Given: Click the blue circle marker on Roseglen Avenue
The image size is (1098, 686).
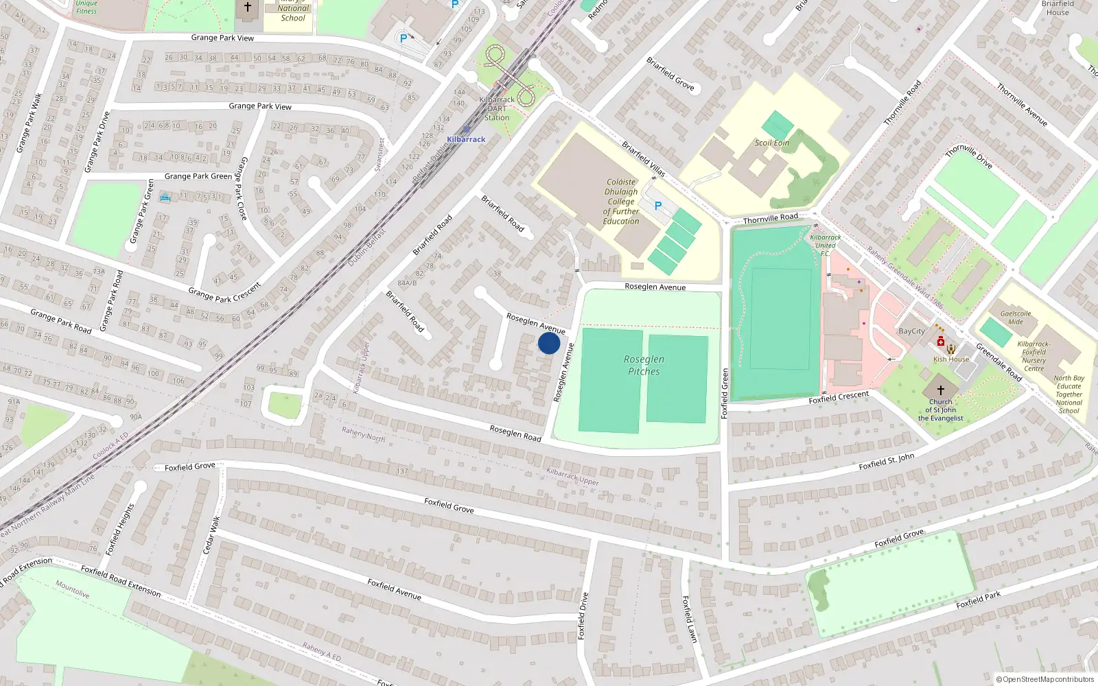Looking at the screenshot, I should pos(549,343).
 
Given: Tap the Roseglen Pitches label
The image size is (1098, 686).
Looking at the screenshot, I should pos(644,365).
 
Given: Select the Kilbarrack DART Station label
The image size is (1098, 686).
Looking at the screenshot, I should pos(497,108).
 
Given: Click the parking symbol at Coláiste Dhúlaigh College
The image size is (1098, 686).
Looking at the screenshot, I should pos(657,206).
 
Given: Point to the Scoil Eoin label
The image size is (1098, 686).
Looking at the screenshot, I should pos(772,143).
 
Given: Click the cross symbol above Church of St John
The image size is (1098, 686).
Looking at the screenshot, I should pos(941,390).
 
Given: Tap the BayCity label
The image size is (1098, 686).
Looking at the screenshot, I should pos(911,331).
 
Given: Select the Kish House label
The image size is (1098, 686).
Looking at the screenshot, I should pos(951,359).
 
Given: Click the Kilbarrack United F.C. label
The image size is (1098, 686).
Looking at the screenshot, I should pos(825,245).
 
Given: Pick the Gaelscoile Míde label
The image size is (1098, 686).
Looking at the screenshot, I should pos(1016,318).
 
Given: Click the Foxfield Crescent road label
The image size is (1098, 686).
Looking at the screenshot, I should pos(839,397).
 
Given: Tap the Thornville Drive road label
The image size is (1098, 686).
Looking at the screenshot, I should pos(969,156).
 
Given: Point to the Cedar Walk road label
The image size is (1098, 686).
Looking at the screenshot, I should pos(212,535).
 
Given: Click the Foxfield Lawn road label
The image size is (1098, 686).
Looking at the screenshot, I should pos(690,619).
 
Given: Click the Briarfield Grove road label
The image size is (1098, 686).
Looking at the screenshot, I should pos(670,74).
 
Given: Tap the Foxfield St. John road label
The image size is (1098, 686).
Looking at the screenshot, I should pos(886,461).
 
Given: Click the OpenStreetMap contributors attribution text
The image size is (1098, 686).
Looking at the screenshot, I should pos(1044,679).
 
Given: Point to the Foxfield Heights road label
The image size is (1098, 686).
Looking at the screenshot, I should pos(121,529).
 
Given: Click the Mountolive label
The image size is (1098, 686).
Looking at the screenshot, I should pos(73,589).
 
